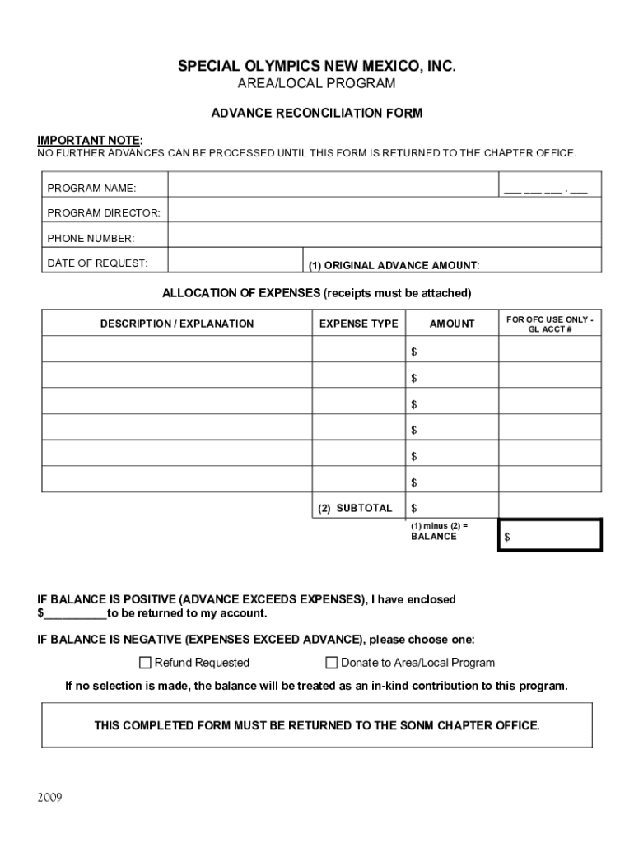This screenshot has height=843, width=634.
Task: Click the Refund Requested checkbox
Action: [x=146, y=663]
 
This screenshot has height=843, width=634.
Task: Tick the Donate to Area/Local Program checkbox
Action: [x=332, y=663]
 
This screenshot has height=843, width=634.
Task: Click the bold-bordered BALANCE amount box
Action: [x=551, y=536]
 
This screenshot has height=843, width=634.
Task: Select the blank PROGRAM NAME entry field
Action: [x=333, y=185]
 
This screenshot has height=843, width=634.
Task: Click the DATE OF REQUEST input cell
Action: [x=235, y=263]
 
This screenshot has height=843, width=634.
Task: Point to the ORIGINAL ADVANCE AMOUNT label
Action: [x=394, y=265]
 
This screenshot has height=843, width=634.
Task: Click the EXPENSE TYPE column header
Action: [x=358, y=324]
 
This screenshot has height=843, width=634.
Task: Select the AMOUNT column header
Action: [x=452, y=324]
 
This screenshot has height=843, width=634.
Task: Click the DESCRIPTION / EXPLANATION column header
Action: [x=177, y=324]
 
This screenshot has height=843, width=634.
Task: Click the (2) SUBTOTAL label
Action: [x=356, y=508]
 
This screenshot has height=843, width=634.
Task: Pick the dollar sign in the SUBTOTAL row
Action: [x=414, y=509]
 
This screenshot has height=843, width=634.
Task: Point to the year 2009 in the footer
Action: [x=49, y=798]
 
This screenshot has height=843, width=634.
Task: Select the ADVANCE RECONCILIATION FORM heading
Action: [x=317, y=113]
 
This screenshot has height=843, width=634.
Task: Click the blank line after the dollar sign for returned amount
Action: [x=75, y=614]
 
